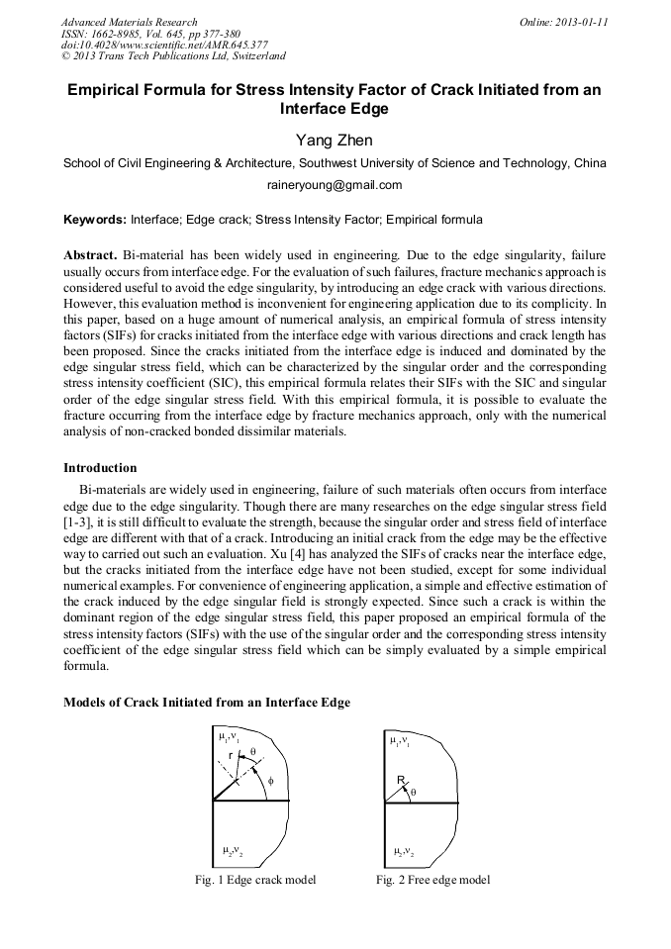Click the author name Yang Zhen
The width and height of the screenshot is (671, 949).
click(335, 141)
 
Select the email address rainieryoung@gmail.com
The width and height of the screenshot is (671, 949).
click(335, 185)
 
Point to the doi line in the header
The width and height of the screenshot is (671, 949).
click(164, 45)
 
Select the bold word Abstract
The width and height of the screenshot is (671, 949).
click(90, 254)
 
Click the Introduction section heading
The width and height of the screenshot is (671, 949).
click(100, 468)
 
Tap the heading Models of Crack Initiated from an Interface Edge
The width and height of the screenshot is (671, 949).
click(206, 703)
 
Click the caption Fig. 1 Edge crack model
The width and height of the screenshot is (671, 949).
click(255, 880)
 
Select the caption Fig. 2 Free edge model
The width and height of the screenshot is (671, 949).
click(432, 880)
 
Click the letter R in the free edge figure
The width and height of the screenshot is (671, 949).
click(401, 781)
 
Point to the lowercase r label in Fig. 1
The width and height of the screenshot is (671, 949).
click(230, 755)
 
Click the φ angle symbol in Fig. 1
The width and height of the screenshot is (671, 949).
click(270, 782)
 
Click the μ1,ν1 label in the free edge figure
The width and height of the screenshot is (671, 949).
click(399, 740)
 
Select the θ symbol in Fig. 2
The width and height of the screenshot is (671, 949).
click(413, 792)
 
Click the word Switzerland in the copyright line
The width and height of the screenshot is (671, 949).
click(251, 56)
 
